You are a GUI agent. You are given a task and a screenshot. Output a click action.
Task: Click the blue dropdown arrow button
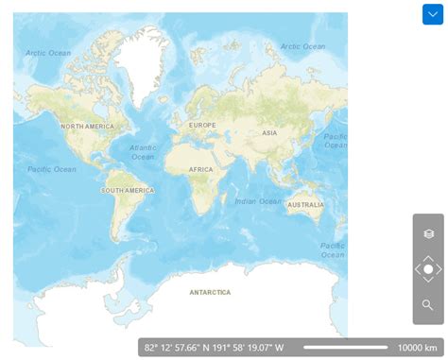(x=432, y=14)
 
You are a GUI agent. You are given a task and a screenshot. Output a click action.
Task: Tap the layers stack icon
(x=428, y=233)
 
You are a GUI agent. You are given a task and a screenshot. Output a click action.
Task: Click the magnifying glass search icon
(x=428, y=305)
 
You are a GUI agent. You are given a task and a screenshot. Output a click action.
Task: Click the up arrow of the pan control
(x=428, y=257)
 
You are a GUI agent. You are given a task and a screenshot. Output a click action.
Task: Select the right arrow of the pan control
(x=439, y=269)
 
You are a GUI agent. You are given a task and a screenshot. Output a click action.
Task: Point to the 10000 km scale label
(x=417, y=348)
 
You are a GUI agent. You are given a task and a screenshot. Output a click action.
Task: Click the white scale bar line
(x=346, y=348)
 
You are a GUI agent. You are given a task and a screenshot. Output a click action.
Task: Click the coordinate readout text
(x=214, y=348)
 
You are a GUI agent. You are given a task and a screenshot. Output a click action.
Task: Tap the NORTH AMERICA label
(x=87, y=127)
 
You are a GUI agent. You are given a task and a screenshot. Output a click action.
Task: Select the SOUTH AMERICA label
(x=128, y=191)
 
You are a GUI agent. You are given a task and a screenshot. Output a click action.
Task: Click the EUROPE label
(x=202, y=126)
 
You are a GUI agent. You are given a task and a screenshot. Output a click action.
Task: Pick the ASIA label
(x=269, y=132)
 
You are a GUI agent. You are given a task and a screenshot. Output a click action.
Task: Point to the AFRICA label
(x=201, y=169)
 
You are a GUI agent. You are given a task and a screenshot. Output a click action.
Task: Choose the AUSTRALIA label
(x=305, y=204)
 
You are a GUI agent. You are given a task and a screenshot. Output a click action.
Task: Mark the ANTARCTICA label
(x=210, y=292)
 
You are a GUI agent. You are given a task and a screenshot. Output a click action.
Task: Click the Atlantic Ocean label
(x=143, y=152)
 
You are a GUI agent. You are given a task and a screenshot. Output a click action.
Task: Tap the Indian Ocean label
(x=258, y=200)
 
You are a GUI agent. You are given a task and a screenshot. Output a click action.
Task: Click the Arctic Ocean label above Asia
(x=302, y=46)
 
